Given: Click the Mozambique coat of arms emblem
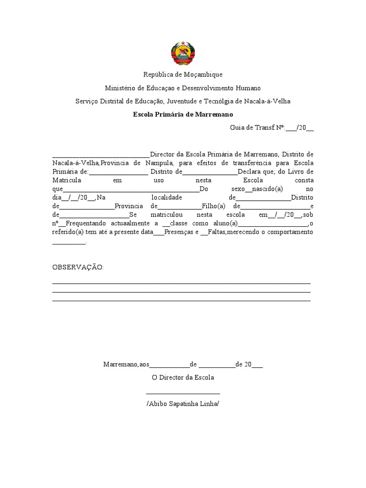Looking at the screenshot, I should [x=183, y=53].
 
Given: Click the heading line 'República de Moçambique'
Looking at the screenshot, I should [x=183, y=75].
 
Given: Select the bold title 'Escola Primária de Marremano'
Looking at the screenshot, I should [x=183, y=115].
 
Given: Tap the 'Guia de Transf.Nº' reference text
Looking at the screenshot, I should [x=257, y=128].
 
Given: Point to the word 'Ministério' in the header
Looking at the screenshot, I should [x=120, y=88].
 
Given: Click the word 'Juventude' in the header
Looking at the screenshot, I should [x=182, y=102].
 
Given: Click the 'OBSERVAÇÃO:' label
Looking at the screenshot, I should [x=78, y=267].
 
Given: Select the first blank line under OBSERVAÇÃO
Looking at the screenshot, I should [x=181, y=283].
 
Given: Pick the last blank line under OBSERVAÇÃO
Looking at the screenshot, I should [x=181, y=301].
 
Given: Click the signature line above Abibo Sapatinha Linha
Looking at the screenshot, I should [x=183, y=394].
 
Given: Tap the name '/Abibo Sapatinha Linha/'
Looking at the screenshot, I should [x=183, y=404].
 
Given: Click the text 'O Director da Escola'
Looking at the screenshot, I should [x=183, y=377].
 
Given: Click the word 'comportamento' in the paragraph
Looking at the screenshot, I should [x=290, y=232].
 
